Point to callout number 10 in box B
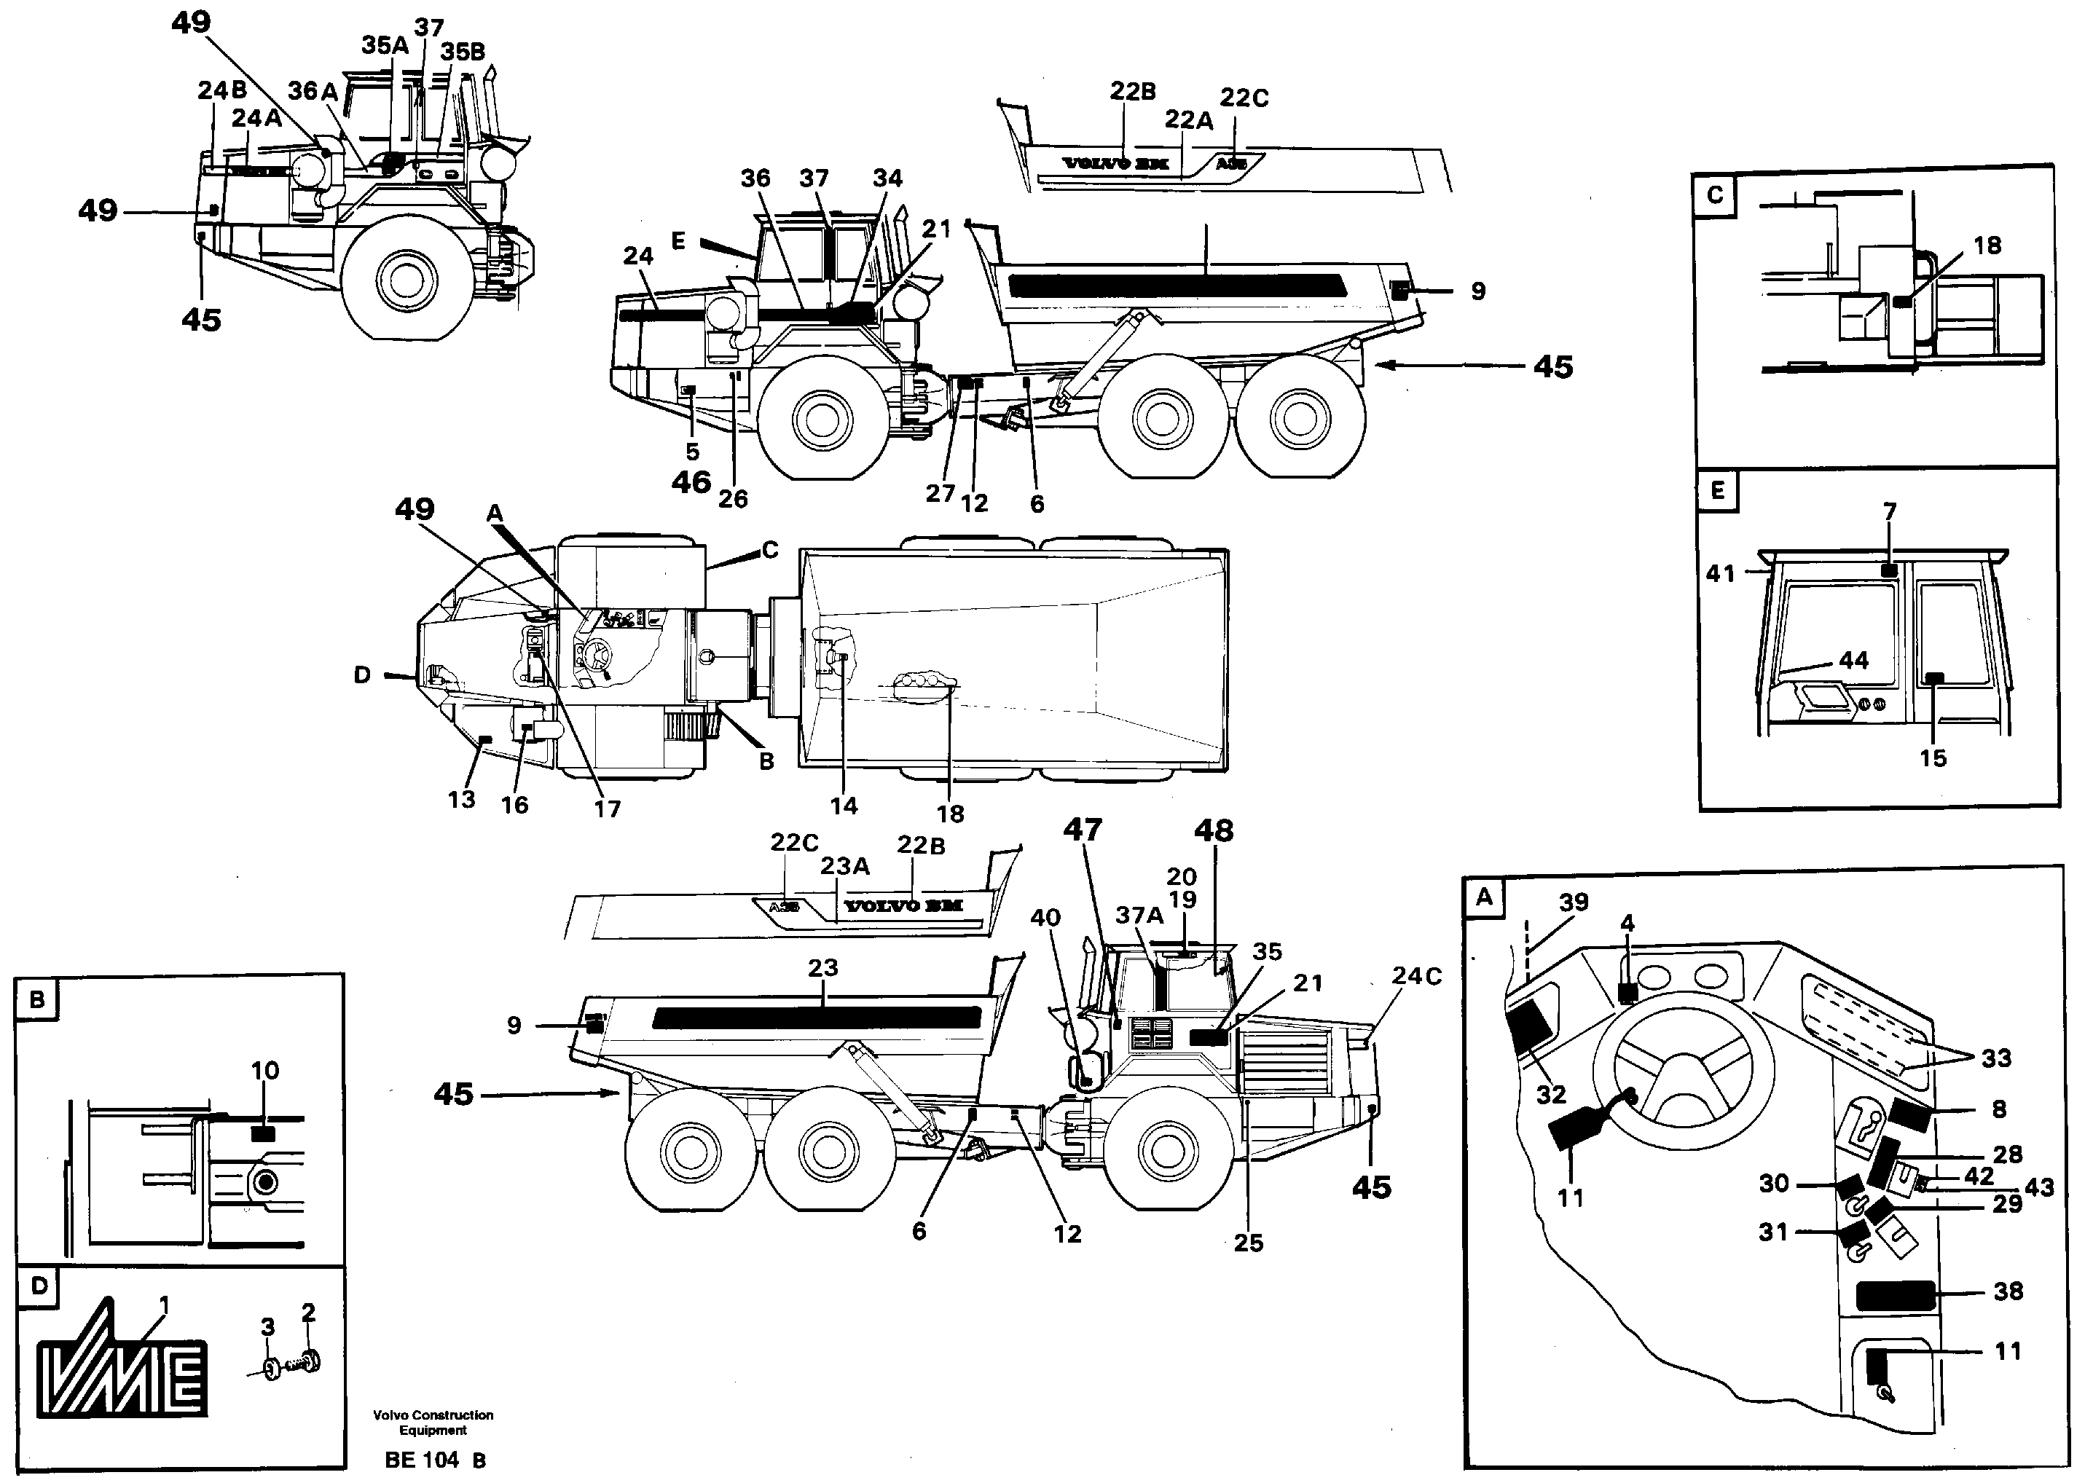pos(265,1069)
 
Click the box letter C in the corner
pos(1715,194)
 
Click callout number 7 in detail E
pos(1889,511)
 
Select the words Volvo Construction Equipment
pos(433,1423)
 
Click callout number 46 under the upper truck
pos(691,481)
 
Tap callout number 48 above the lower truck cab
pos(1214,831)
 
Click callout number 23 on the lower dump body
pos(822,967)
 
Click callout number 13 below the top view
pos(461,799)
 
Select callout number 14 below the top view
pos(844,805)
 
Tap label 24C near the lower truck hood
pos(1416,976)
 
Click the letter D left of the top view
pos(363,674)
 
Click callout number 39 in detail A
pos(1574,902)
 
